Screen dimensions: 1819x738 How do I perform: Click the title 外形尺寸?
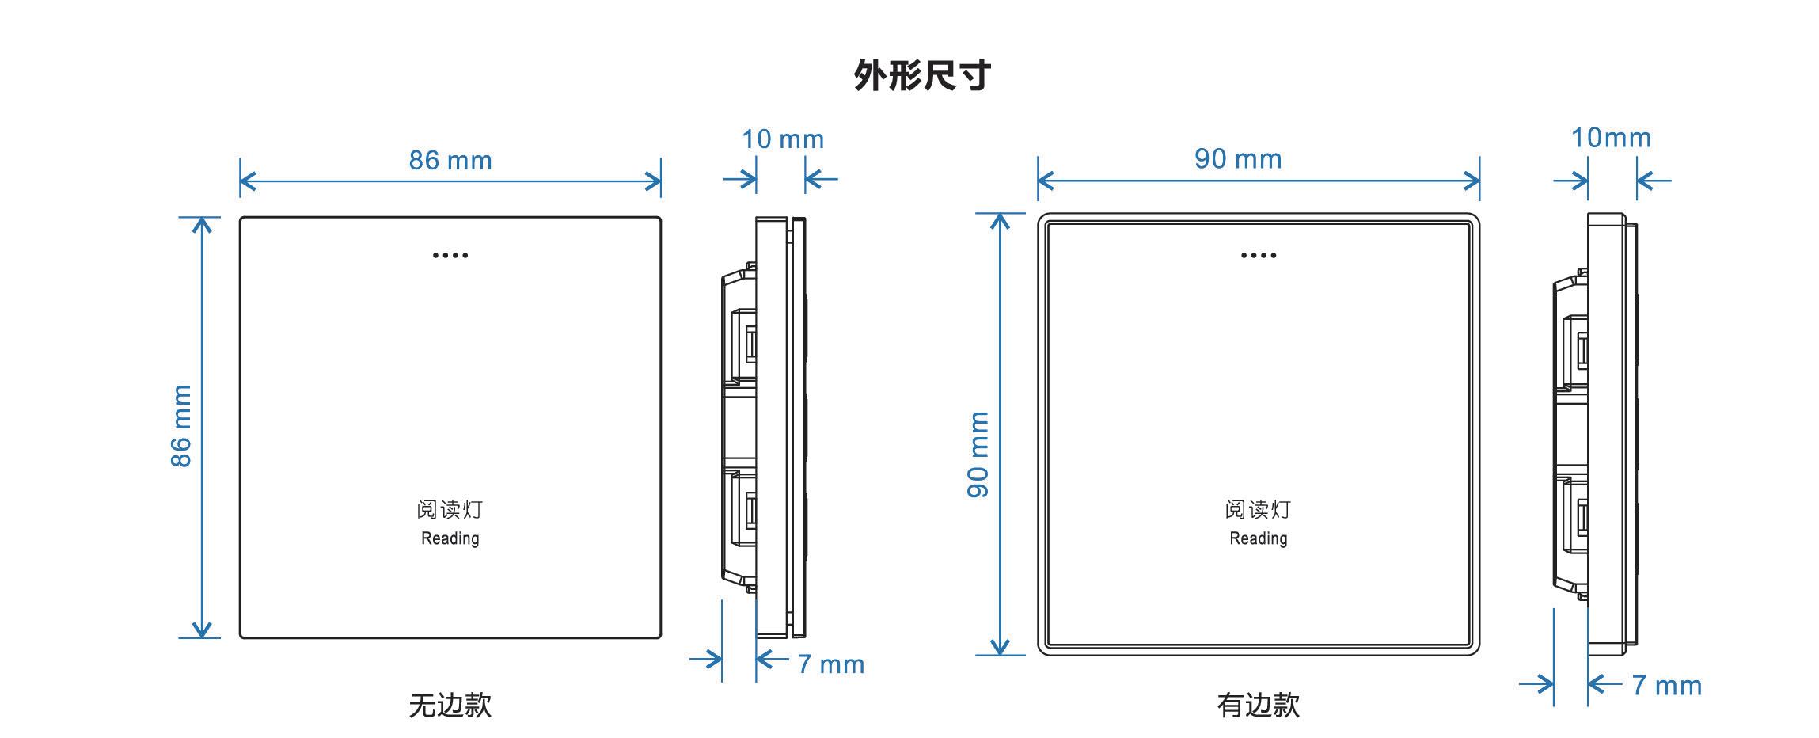point(922,76)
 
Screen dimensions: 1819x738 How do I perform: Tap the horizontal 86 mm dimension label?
point(450,161)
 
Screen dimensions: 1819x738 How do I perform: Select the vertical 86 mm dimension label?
point(181,426)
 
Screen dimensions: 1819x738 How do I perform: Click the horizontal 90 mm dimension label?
point(1237,159)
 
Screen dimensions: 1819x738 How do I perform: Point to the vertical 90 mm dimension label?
point(978,455)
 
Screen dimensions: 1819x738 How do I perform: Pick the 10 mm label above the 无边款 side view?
point(782,139)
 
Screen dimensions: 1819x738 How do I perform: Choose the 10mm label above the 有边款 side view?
point(1610,138)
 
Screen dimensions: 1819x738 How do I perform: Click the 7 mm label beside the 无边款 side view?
point(830,664)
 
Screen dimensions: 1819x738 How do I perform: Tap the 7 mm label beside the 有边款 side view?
point(1666,685)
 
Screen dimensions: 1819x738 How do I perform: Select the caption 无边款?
point(450,705)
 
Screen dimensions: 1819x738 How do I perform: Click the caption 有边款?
point(1258,705)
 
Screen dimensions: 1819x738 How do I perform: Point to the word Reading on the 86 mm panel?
point(450,538)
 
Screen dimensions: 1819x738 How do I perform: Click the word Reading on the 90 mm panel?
point(1258,538)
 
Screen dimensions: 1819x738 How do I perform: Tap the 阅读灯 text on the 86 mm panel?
point(450,509)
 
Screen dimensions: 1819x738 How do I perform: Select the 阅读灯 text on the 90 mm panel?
point(1258,509)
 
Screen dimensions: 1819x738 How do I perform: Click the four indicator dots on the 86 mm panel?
point(450,255)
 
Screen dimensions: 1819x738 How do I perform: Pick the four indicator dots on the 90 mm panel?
point(1259,255)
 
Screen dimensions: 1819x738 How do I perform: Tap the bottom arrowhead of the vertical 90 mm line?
point(1001,649)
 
